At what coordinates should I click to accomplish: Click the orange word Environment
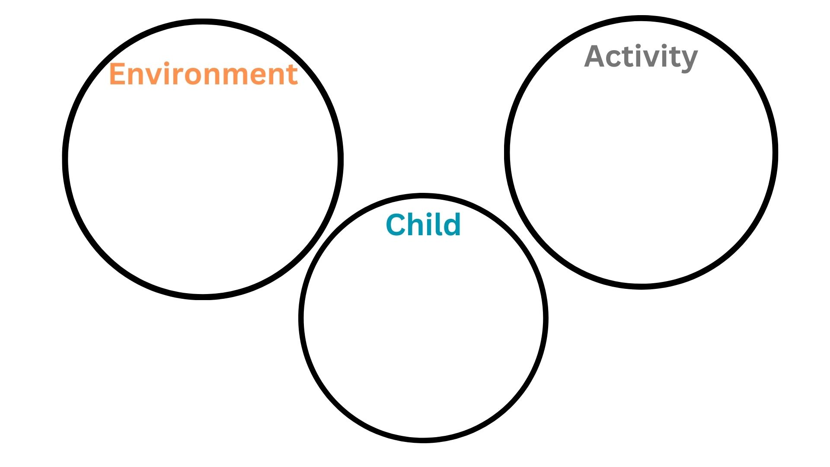click(x=203, y=74)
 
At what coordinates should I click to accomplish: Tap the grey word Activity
click(x=641, y=57)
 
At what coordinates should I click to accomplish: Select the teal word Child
click(x=423, y=224)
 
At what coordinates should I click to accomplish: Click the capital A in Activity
click(x=596, y=57)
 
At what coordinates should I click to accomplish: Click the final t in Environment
click(x=292, y=75)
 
